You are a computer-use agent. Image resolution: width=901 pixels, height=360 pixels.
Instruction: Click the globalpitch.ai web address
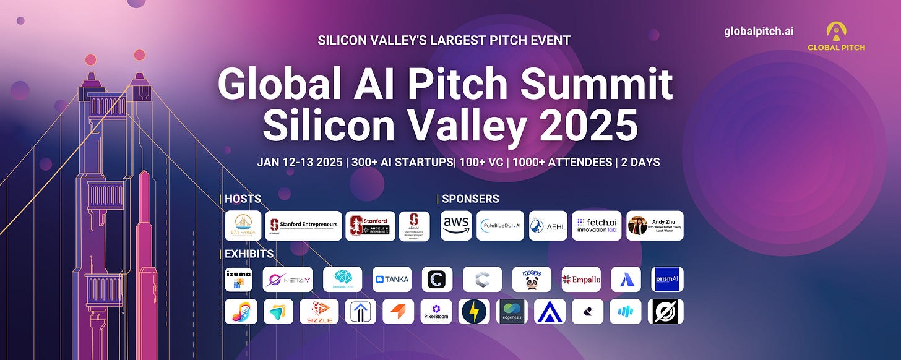pos(759,32)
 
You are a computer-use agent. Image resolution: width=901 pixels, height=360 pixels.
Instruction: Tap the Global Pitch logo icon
pos(835,31)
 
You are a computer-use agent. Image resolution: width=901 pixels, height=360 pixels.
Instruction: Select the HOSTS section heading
pos(243,199)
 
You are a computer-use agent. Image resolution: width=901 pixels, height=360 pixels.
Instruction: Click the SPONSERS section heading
pos(470,199)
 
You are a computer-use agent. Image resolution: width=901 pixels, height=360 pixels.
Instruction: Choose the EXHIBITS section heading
pos(249,254)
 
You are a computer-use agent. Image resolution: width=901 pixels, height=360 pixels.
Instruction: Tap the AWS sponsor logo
pos(456,226)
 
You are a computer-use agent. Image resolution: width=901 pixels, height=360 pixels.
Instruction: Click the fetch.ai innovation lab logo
pos(596,226)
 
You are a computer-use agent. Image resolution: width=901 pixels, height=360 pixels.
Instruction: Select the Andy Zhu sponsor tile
pos(655,226)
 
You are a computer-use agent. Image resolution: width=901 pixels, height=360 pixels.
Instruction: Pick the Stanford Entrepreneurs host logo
pos(303,226)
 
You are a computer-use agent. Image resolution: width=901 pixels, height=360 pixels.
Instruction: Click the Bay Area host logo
pos(243,226)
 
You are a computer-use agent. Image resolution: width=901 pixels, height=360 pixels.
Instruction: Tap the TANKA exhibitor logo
pos(392,280)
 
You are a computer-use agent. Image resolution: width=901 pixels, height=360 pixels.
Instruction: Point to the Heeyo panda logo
pos(532,280)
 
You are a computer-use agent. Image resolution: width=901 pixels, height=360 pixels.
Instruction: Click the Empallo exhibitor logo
pos(581,280)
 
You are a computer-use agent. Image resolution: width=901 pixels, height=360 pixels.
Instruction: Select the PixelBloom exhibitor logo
pos(436,311)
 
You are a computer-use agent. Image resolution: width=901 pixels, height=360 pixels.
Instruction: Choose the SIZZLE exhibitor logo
pos(319,311)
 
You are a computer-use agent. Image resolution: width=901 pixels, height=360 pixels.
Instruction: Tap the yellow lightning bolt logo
pos(475,311)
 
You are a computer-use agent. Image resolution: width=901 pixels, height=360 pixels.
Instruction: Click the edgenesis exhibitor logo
pos(512,311)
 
